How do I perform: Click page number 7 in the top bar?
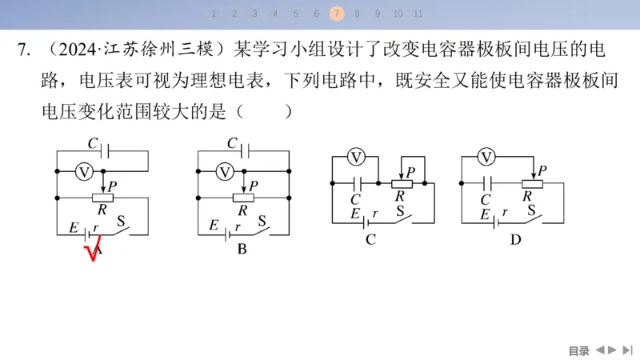pyautogui.click(x=337, y=13)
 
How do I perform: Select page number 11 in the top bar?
pyautogui.click(x=418, y=13)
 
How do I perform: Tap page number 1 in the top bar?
pyautogui.click(x=214, y=13)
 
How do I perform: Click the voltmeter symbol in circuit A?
pyautogui.click(x=83, y=171)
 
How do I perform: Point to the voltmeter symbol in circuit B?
pyautogui.click(x=226, y=171)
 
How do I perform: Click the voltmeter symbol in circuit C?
pyautogui.click(x=358, y=157)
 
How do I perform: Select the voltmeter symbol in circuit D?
pyautogui.click(x=486, y=157)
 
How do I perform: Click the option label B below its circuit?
pyautogui.click(x=242, y=249)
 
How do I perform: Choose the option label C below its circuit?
pyautogui.click(x=370, y=238)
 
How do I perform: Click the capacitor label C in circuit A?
pyautogui.click(x=93, y=144)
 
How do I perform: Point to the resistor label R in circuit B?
pyautogui.click(x=242, y=210)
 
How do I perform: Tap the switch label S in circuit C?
pyautogui.click(x=402, y=211)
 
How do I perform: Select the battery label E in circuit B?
pyautogui.click(x=214, y=226)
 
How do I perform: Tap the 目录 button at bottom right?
pyautogui.click(x=578, y=350)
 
